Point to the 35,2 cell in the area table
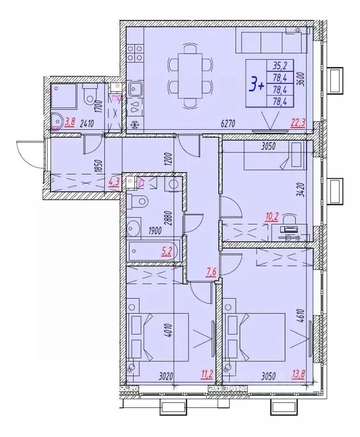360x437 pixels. point(279,64)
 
